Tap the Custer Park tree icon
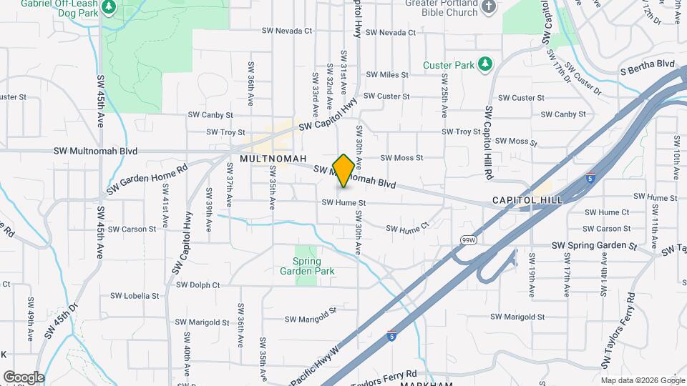point(485,64)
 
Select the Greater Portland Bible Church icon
point(488,7)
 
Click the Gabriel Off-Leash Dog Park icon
point(109,7)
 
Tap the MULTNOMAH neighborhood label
point(273,158)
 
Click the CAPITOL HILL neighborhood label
point(527,200)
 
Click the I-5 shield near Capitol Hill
point(590,177)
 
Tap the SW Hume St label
point(343,203)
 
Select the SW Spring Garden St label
point(594,245)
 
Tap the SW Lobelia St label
point(135,296)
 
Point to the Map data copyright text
point(642,380)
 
